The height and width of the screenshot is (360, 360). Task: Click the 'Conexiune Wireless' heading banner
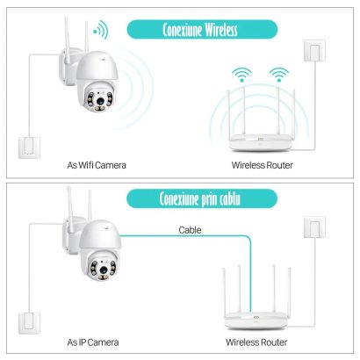[x=202, y=30]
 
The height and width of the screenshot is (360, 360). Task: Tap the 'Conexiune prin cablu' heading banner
[x=202, y=198]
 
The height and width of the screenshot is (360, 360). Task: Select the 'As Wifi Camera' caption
[x=97, y=165]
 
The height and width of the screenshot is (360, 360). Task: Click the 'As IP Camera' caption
[x=93, y=342]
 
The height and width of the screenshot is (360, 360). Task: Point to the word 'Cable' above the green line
[x=190, y=230]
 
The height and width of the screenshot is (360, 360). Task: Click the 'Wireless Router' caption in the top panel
[x=262, y=165]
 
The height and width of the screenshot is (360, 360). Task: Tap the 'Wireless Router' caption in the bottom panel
[x=256, y=342]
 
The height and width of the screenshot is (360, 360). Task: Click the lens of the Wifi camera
[x=100, y=100]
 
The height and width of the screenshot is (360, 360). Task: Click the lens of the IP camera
[x=104, y=270]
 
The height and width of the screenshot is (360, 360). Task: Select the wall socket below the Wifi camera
[x=29, y=148]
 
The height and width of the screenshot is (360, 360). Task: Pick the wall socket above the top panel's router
[x=314, y=51]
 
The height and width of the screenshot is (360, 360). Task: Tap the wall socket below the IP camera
[x=29, y=323]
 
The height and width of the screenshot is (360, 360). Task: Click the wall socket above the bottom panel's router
[x=314, y=227]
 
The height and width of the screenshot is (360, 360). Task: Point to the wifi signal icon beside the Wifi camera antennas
[x=101, y=30]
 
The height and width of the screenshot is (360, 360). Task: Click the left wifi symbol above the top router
[x=241, y=75]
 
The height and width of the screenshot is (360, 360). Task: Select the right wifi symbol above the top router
[x=279, y=75]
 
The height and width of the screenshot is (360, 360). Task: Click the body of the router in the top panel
[x=261, y=143]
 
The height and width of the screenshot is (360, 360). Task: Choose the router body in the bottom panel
[x=256, y=320]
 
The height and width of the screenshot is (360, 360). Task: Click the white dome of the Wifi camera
[x=97, y=66]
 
